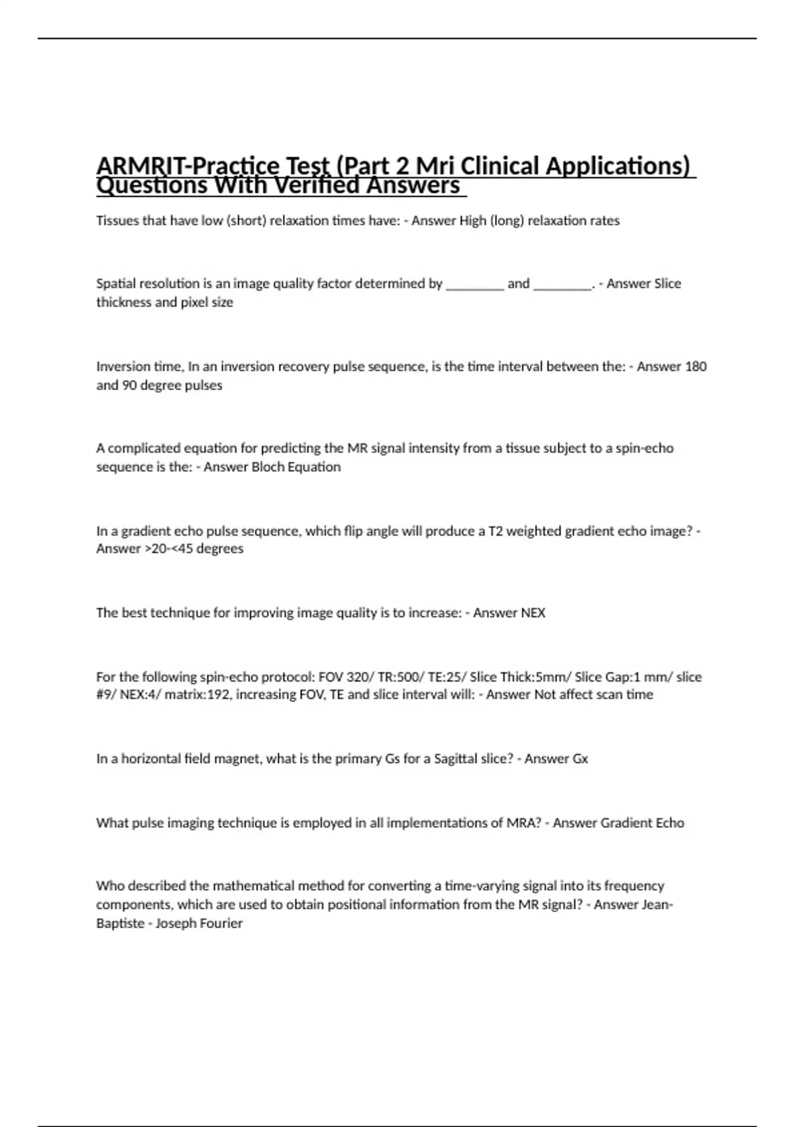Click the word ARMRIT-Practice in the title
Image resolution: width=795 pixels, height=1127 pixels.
179,166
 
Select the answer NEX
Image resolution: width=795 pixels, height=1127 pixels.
533,613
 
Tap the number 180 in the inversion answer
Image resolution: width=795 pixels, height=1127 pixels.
695,366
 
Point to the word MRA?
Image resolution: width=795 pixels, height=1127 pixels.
524,823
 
